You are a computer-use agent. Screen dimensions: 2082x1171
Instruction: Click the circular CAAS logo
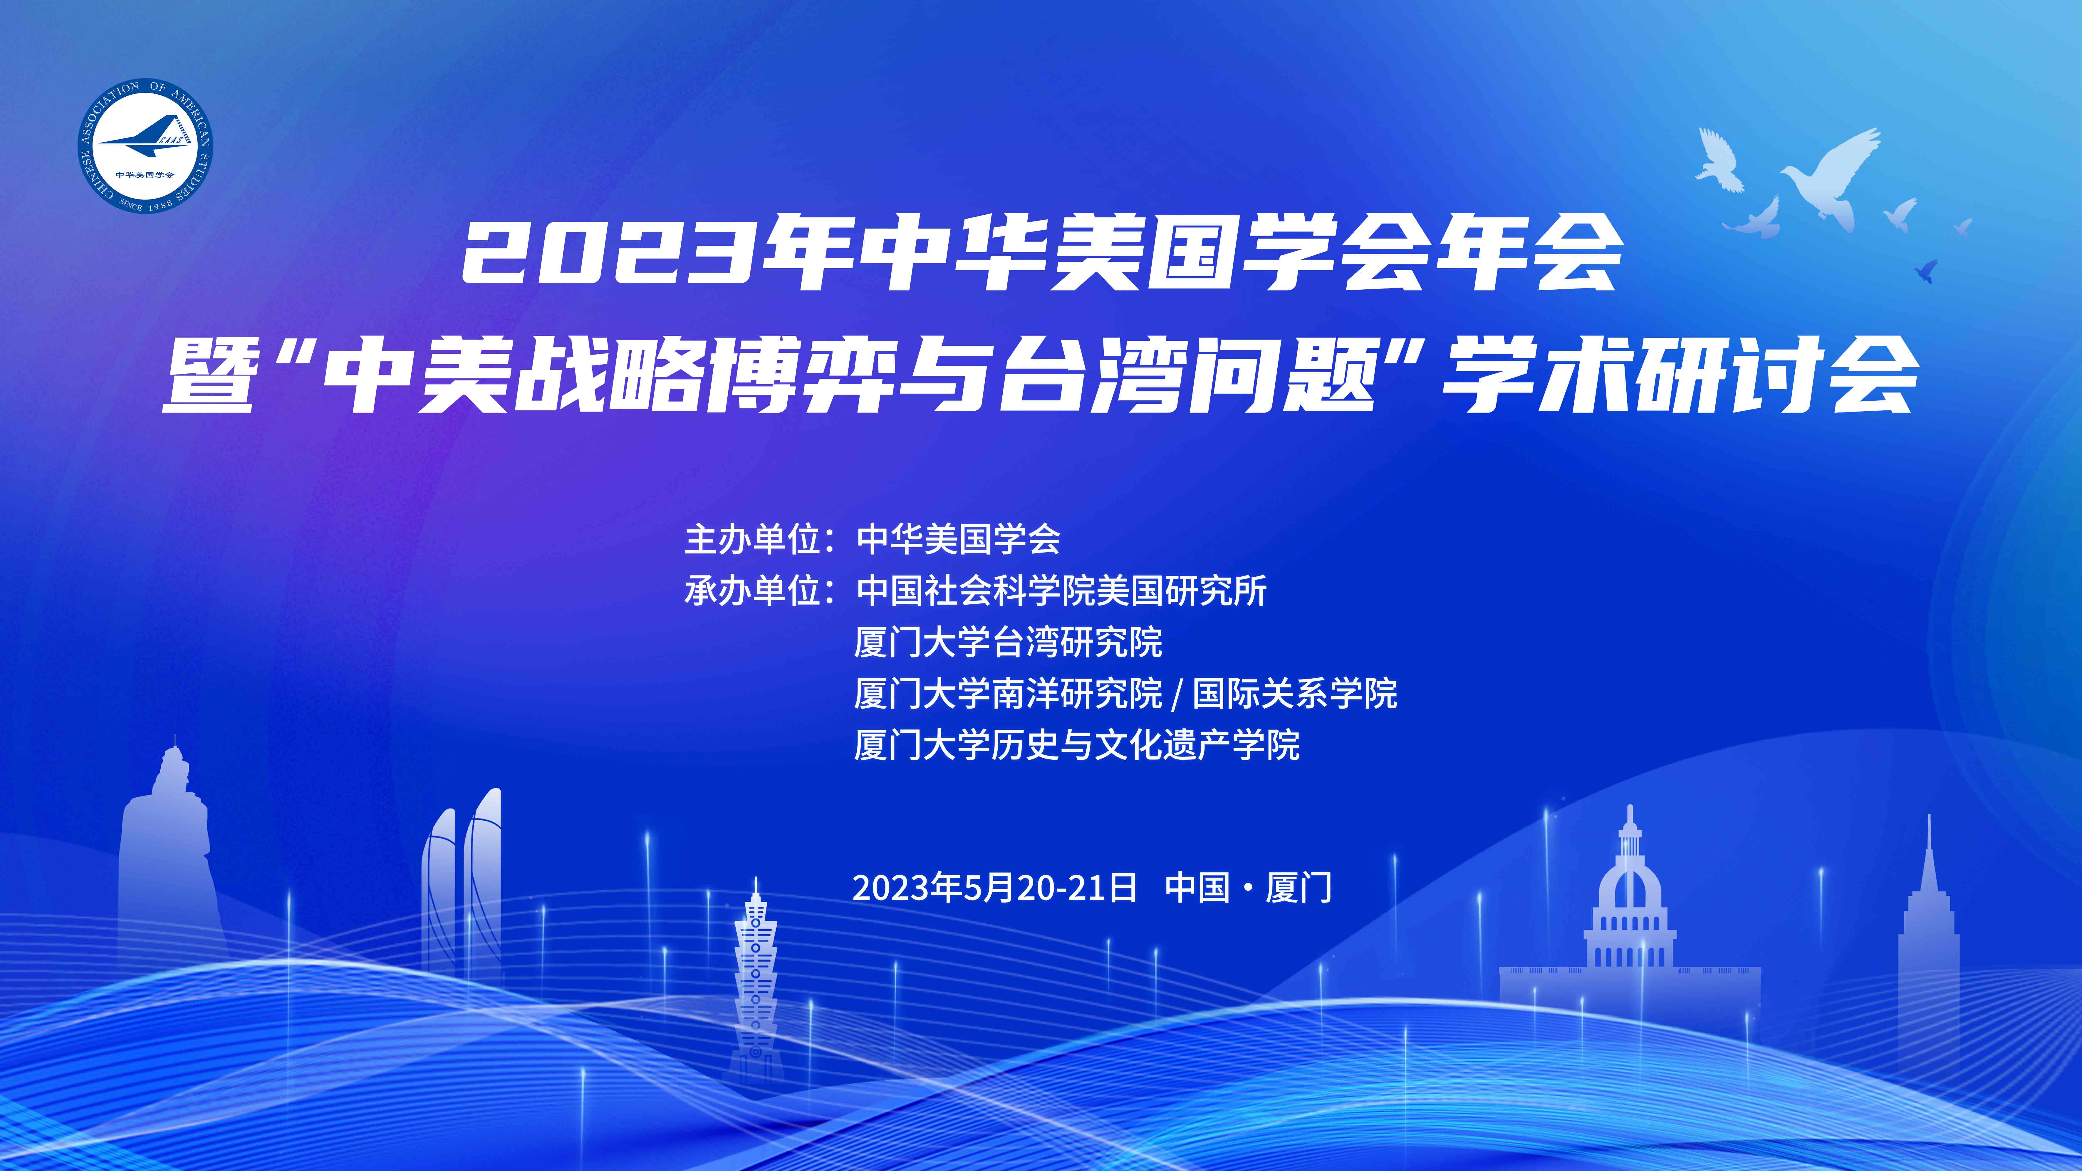click(145, 145)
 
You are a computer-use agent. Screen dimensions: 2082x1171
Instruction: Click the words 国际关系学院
click(1295, 693)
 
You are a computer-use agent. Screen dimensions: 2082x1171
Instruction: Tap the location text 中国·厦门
click(1249, 887)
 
